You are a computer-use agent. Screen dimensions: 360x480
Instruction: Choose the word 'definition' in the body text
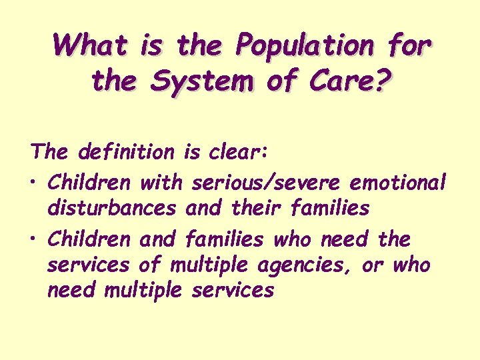tap(125, 152)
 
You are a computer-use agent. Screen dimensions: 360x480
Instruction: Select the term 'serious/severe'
tap(268, 181)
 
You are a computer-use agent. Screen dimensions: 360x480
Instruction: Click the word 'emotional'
tap(399, 181)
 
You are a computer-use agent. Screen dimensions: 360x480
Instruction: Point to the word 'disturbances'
tap(112, 209)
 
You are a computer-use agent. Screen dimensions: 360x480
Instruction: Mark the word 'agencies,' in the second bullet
tap(307, 265)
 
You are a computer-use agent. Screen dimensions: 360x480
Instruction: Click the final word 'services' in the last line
tap(232, 291)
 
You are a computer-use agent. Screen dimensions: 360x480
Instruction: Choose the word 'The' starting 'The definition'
tap(50, 152)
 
